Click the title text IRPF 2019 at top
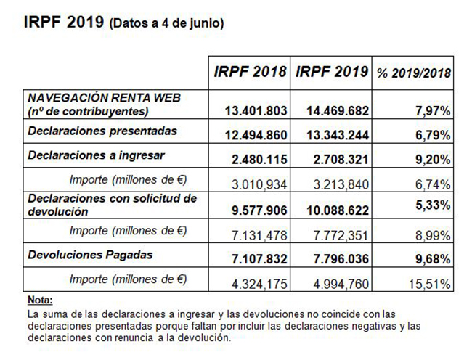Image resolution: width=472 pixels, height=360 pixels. point(63,22)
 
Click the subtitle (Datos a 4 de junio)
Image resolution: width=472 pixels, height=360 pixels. point(166,23)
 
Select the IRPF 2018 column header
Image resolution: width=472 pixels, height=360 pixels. point(250,72)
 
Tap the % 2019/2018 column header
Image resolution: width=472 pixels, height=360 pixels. point(414,73)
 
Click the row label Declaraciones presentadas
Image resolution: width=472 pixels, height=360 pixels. point(102,131)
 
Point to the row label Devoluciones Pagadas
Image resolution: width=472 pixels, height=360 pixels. point(90,255)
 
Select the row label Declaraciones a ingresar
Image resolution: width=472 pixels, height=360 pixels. point(96,155)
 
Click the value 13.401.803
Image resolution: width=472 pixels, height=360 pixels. point(256,110)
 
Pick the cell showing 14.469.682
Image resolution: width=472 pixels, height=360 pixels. point(338,110)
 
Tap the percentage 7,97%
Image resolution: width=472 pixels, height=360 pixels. point(433,111)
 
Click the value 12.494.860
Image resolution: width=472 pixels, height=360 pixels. point(256,135)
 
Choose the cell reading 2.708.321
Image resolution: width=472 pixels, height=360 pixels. point(341,160)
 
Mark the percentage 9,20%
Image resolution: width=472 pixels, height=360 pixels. point(433,160)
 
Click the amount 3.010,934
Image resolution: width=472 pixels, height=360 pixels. point(259,184)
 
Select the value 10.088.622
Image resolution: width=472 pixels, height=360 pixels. point(338,210)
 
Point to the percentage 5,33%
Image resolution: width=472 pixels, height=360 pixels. point(433,205)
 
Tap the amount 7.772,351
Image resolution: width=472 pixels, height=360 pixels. point(341,235)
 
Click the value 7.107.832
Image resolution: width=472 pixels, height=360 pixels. point(259,259)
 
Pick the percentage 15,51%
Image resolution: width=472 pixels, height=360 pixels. point(430,284)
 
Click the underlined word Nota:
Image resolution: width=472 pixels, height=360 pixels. point(40,300)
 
